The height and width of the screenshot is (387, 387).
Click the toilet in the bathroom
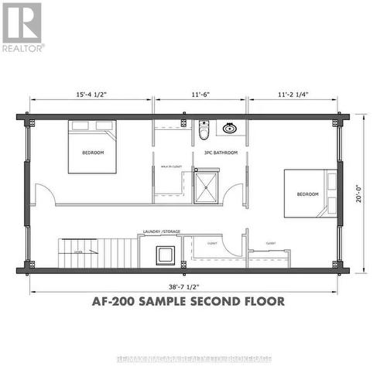(204, 130)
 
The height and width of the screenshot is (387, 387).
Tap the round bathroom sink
(230, 128)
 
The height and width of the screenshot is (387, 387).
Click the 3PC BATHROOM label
(220, 152)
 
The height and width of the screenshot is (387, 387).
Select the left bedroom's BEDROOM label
(93, 152)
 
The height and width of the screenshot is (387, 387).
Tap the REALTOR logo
(22, 26)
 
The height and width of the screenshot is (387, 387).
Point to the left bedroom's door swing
(46, 193)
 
